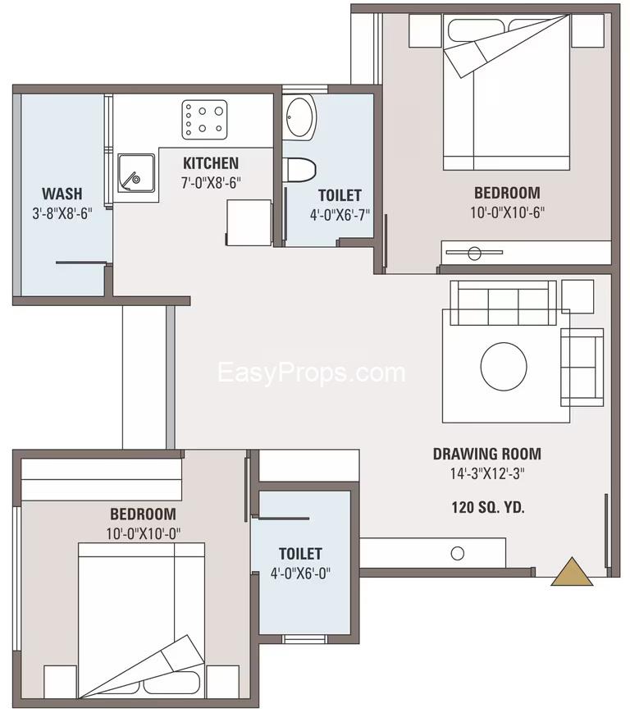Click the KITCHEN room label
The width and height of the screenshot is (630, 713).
click(211, 163)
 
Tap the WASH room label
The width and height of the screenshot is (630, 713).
click(62, 194)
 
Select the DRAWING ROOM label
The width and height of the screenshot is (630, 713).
click(486, 454)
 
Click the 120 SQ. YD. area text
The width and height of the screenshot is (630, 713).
click(488, 507)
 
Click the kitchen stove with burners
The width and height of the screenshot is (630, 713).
click(204, 120)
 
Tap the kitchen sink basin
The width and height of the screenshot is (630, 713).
click(136, 173)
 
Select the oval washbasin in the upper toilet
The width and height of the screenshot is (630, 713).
click(299, 118)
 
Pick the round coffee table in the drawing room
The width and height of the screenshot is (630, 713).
click(504, 366)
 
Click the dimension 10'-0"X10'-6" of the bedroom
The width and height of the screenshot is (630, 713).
click(507, 213)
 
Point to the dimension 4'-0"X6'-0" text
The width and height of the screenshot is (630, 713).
click(300, 573)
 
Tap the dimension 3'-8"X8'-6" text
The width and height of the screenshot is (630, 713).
click(62, 213)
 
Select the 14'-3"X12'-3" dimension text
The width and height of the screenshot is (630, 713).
click(487, 473)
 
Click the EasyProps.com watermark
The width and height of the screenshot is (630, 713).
click(312, 372)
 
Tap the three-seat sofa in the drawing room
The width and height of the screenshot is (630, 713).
click(503, 303)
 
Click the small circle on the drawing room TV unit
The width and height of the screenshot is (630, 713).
click(457, 553)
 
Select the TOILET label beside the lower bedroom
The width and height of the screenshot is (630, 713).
click(300, 554)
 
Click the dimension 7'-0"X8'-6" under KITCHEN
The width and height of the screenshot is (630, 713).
click(211, 183)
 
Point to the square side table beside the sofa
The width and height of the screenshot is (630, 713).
click(577, 296)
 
